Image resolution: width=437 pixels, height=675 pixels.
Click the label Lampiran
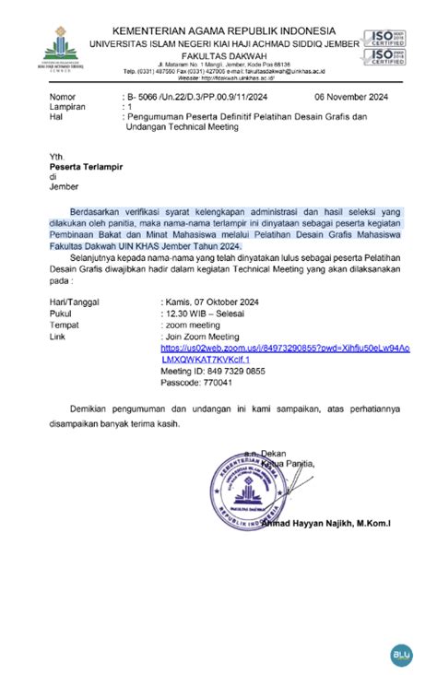(68, 107)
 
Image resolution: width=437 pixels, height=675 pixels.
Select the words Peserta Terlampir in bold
(89, 167)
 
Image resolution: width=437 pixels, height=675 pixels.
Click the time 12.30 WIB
(195, 314)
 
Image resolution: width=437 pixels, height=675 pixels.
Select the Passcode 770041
(196, 382)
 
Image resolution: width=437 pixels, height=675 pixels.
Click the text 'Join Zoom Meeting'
(201, 337)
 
